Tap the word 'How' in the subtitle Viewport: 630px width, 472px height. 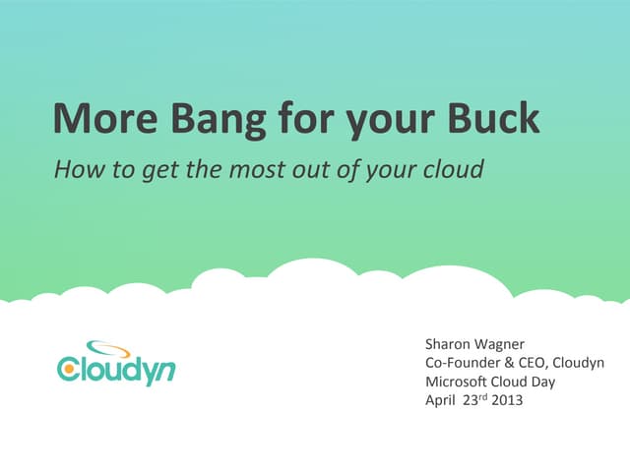pyautogui.click(x=74, y=169)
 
